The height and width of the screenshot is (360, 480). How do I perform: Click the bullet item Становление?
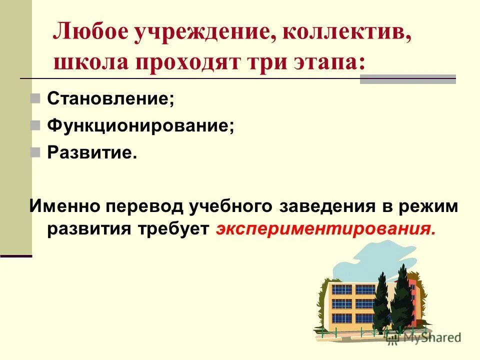click(x=110, y=98)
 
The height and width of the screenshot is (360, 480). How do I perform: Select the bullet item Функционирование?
click(x=140, y=125)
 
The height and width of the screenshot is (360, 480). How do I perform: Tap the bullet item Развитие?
click(x=92, y=152)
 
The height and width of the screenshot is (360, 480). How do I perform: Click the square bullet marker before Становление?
click(x=35, y=98)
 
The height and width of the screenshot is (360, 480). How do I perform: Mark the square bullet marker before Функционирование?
click(x=35, y=125)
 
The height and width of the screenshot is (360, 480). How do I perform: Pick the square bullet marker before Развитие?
click(x=35, y=152)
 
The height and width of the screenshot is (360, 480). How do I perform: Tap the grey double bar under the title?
click(x=407, y=79)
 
